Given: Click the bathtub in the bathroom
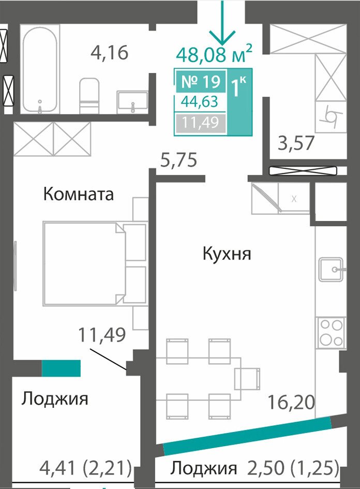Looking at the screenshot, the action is pos(40,70).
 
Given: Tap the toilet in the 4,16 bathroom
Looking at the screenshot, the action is pos(89,96).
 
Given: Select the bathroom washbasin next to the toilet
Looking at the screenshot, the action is pos(132,102).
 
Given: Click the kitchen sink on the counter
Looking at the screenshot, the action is pos(331,270).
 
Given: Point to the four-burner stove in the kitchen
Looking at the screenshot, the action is pos(331,333).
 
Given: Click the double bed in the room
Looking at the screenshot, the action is pos(95,263).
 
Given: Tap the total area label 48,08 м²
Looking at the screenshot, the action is pos(214,54).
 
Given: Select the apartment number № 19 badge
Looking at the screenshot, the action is pos(201,81).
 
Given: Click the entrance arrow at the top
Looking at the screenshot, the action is pos(222,22).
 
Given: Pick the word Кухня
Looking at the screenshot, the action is pos(227,254).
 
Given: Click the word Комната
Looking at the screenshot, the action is pos(79,194).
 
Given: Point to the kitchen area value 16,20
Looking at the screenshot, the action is pos(291,402).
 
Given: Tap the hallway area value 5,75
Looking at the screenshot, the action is pos(178,160).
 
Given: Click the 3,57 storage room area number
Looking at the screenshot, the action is pos(295,143).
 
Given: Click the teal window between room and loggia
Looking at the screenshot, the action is pos(62,368).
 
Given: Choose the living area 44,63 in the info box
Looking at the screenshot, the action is pos(200,101).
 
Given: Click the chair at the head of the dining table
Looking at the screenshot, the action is pos(247,379).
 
